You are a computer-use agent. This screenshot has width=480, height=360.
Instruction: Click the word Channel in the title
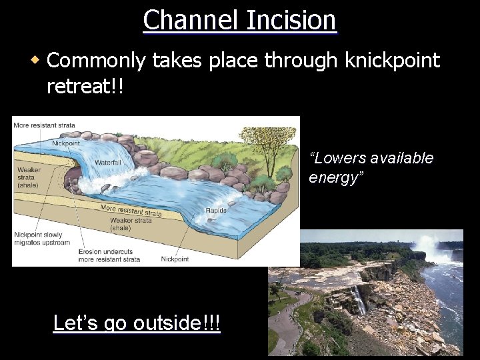189,20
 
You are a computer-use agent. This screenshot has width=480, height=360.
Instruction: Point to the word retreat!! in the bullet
85,86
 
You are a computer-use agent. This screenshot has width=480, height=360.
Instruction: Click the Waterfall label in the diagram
107,162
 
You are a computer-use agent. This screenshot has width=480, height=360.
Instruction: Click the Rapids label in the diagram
216,211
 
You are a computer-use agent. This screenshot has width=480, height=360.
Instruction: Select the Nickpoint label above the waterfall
65,143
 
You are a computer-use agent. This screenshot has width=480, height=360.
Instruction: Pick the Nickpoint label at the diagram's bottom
175,259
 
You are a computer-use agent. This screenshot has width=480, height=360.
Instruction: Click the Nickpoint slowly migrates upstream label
41,239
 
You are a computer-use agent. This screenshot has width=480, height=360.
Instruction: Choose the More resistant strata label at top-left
44,125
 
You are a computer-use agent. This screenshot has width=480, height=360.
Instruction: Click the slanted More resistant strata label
131,211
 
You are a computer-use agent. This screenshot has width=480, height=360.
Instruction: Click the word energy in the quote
336,178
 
